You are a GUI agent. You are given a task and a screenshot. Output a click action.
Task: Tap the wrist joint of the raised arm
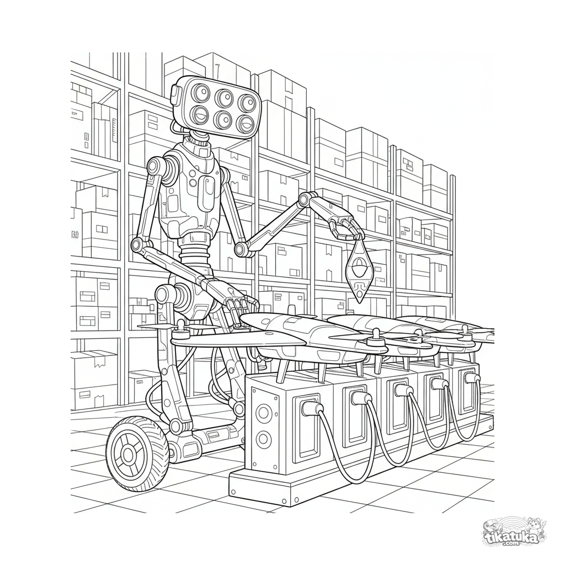307,199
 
